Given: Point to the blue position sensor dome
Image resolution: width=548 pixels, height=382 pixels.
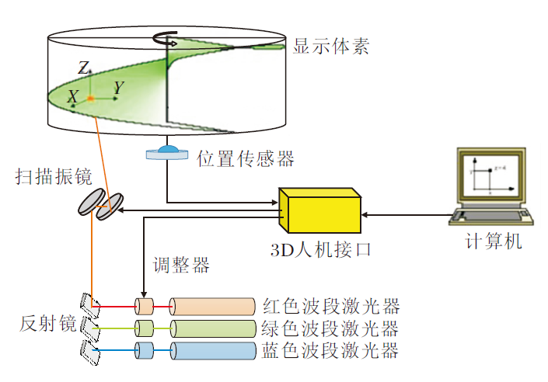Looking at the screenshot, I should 167,148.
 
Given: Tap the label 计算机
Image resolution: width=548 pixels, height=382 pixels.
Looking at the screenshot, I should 493,242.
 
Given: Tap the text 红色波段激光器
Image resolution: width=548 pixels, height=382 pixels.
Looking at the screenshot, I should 331,306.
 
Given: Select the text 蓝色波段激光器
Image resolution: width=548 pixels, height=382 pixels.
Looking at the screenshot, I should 331,351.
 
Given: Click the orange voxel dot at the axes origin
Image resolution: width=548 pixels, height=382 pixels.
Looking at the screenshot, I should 90,99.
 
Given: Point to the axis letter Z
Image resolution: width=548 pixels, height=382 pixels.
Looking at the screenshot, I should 83,68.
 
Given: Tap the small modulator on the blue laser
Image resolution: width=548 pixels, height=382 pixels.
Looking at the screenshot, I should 145,351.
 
